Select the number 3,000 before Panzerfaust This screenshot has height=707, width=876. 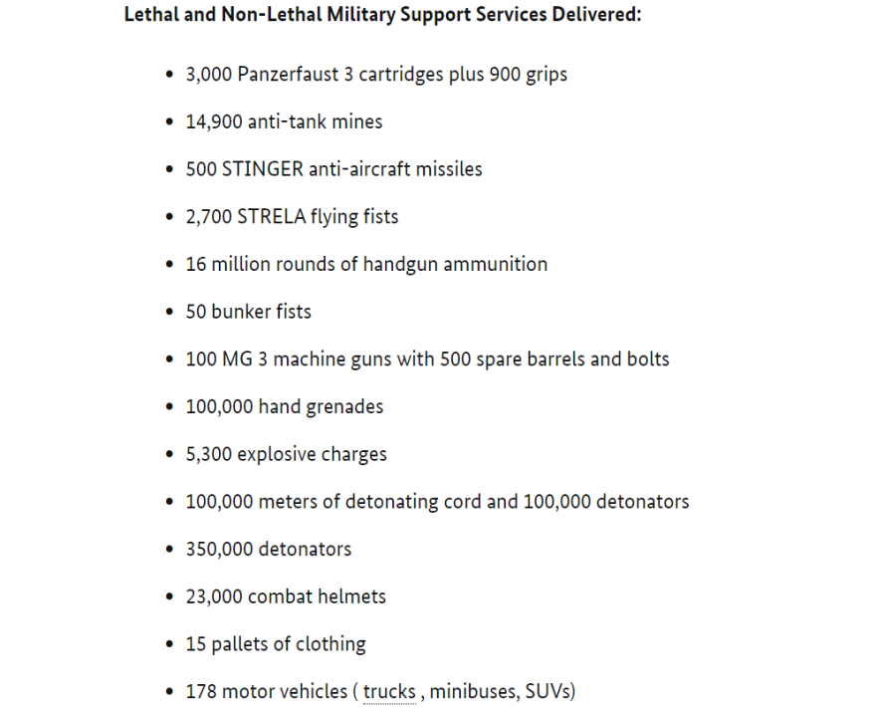click(x=209, y=75)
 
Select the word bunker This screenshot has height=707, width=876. click(x=238, y=312)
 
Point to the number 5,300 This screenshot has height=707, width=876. click(x=209, y=454)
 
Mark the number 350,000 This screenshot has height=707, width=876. click(x=219, y=549)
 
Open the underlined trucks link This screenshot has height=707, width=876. click(x=389, y=691)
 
